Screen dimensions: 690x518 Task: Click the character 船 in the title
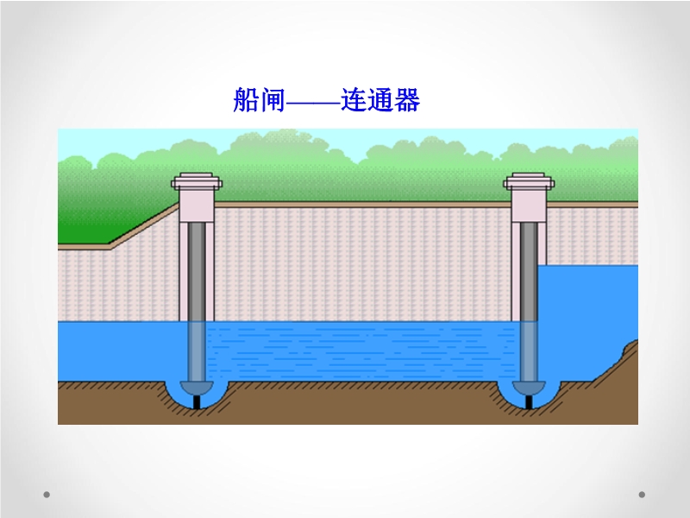point(246,100)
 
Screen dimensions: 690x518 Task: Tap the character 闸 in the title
point(273,100)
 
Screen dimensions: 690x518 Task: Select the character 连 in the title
point(354,100)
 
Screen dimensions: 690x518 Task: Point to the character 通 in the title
point(380,100)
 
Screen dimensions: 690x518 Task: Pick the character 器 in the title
point(407,100)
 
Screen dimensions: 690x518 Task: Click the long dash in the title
point(313,104)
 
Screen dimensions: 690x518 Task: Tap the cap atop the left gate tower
point(197,181)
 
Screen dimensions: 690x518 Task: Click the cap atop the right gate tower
point(529,181)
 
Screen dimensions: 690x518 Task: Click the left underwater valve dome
point(197,388)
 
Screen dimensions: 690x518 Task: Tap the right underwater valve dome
point(529,388)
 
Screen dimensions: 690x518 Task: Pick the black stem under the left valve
point(198,402)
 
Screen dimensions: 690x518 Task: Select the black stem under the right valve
point(529,402)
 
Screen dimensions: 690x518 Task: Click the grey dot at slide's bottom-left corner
point(47,495)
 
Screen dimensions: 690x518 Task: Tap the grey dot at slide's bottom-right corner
point(642,495)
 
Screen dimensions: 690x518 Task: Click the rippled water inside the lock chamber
point(361,351)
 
